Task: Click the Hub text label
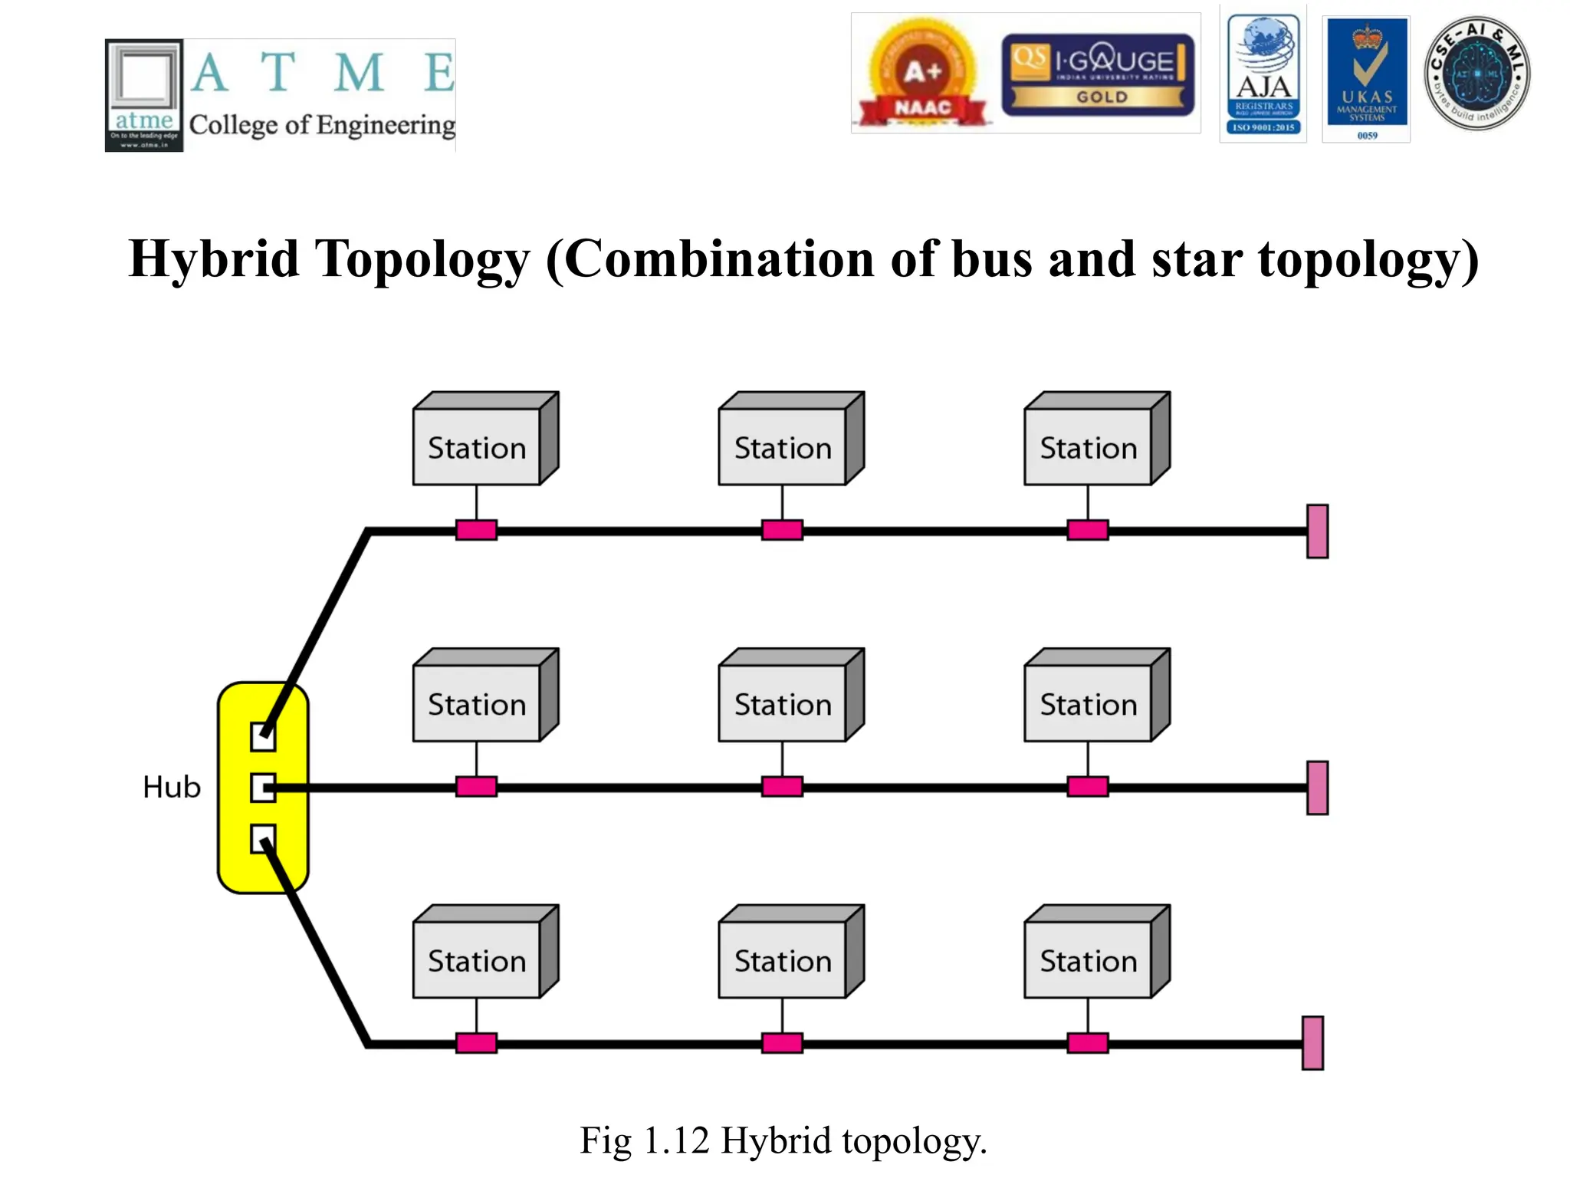[172, 788]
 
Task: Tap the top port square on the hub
[263, 737]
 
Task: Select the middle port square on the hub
[263, 788]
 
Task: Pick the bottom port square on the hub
[263, 839]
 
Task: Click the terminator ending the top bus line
[1317, 531]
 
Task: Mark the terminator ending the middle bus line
[1317, 788]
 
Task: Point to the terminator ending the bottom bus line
[1312, 1043]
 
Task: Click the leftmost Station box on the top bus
[477, 447]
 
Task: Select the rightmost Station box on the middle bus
[1089, 703]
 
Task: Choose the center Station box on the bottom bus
[783, 959]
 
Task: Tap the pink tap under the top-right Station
[1087, 530]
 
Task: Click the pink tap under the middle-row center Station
[782, 787]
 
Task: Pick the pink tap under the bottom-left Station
[476, 1043]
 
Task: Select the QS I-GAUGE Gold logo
[1098, 74]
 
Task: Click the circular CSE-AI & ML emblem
[1476, 74]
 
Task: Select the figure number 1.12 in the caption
[676, 1140]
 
